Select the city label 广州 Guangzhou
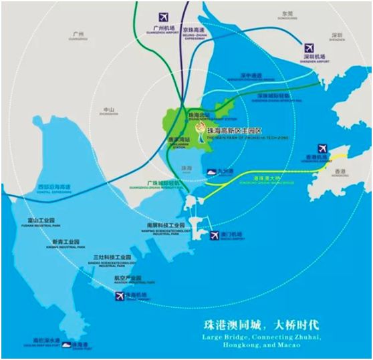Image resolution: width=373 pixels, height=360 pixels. pyautogui.click(x=78, y=34)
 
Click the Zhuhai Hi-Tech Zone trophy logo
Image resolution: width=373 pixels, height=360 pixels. pyautogui.click(x=200, y=128)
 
